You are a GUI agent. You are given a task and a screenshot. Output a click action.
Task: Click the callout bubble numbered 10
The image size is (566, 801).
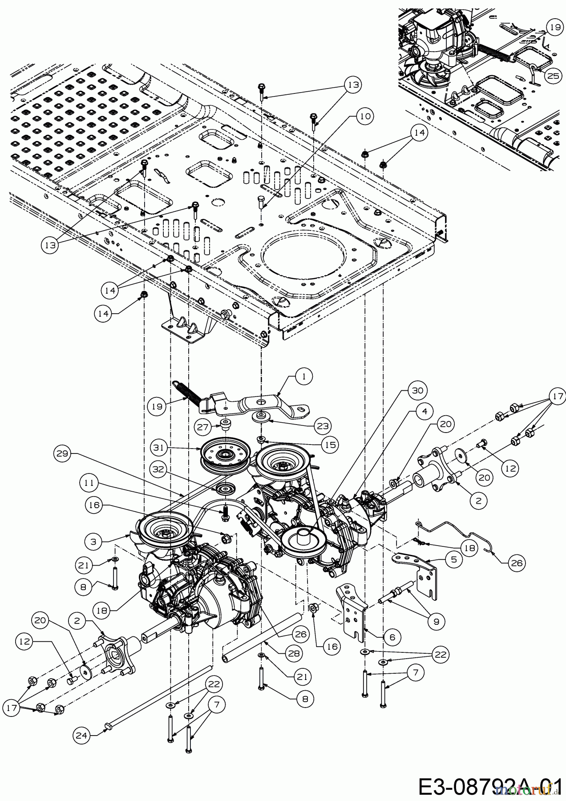click(364, 117)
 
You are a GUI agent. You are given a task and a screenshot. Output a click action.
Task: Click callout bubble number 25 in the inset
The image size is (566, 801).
click(553, 76)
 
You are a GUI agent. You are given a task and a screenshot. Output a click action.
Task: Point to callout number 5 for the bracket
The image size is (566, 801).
click(453, 560)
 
